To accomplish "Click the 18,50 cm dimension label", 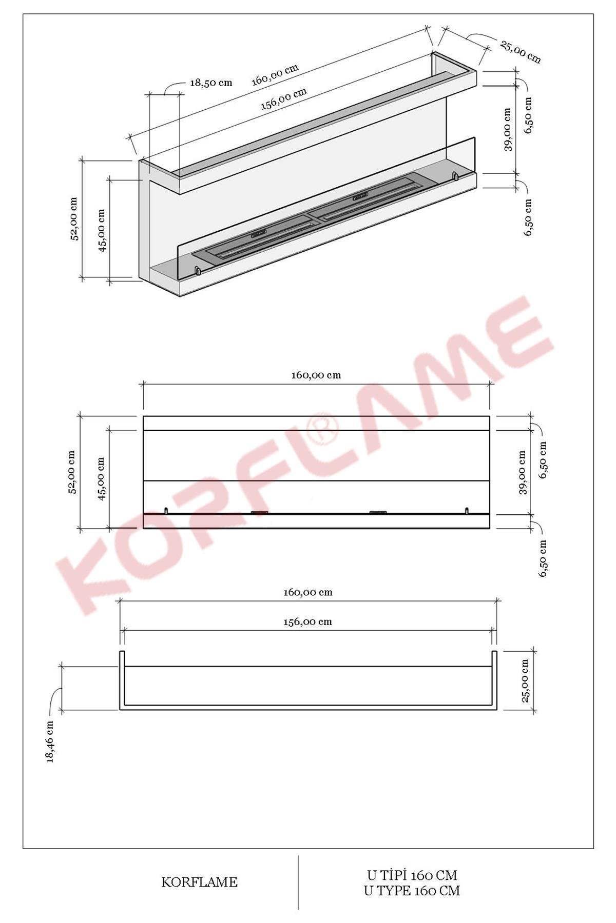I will (210, 83).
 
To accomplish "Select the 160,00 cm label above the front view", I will (316, 375).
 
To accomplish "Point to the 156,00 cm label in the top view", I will (308, 621).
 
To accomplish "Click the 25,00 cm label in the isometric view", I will (520, 52).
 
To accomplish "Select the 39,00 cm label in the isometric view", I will (508, 129).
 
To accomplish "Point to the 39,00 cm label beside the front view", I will (522, 472).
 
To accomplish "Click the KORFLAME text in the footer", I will (199, 882).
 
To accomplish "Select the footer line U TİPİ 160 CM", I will (412, 875).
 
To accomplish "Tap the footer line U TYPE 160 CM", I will (412, 891).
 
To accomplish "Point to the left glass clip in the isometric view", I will (196, 270).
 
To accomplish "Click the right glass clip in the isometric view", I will (454, 176).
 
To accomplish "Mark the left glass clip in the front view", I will (166, 510).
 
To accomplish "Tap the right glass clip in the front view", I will (467, 510).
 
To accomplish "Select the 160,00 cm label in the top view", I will (308, 592).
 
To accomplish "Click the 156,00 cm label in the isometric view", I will (284, 98).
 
